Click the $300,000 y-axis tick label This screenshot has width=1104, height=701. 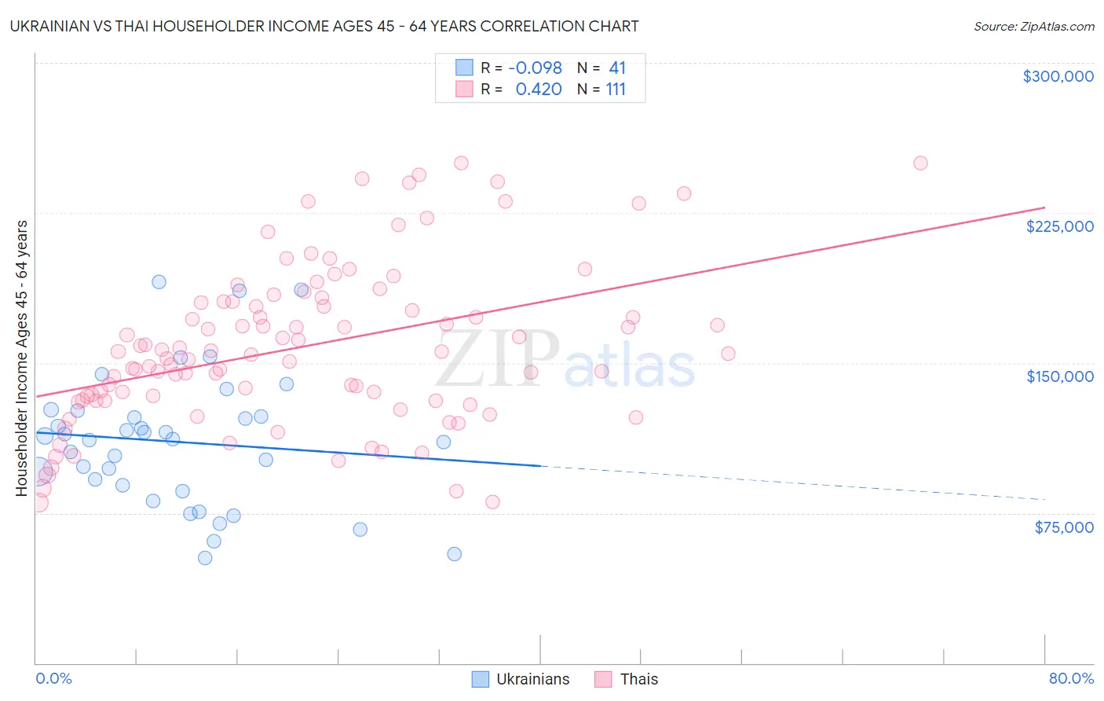click(x=1058, y=76)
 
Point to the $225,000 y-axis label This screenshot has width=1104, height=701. click(x=1059, y=226)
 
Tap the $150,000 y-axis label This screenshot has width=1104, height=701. click(x=1059, y=376)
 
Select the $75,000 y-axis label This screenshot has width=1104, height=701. click(x=1063, y=527)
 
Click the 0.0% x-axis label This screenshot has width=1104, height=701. click(x=53, y=678)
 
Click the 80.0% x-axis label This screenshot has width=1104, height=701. click(x=1071, y=678)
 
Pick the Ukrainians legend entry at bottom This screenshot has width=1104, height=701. click(x=521, y=679)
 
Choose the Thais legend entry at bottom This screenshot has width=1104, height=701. click(x=627, y=679)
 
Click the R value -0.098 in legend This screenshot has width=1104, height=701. click(x=535, y=68)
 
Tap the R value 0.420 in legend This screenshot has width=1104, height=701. click(x=539, y=90)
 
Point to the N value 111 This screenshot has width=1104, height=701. click(x=616, y=90)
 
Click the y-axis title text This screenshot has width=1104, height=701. click(x=21, y=358)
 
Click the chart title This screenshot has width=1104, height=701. click(x=324, y=26)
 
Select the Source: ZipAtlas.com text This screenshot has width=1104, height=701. click(x=1033, y=27)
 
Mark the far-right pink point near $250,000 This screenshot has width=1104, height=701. click(x=920, y=163)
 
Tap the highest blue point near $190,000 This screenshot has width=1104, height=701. click(x=159, y=282)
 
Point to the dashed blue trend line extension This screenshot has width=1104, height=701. click(x=793, y=483)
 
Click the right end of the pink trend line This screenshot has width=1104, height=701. click(x=1044, y=207)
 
